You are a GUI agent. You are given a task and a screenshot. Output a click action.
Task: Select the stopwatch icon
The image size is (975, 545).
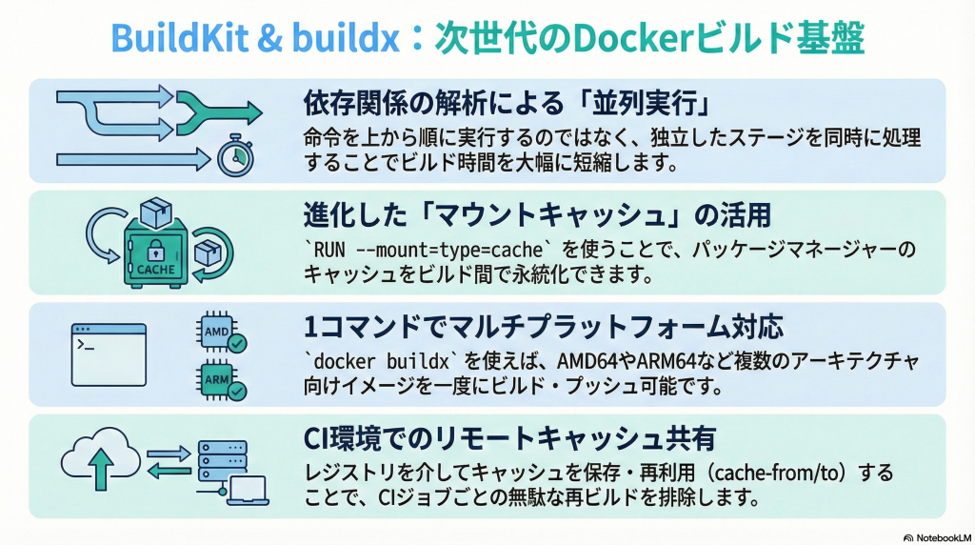pyautogui.click(x=233, y=158)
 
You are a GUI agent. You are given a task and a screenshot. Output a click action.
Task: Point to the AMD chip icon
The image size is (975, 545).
pyautogui.click(x=215, y=331)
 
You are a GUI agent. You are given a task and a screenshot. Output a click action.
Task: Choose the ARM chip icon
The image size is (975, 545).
pyautogui.click(x=215, y=378)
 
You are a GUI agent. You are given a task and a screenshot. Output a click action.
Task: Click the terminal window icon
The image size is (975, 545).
pyautogui.click(x=109, y=353)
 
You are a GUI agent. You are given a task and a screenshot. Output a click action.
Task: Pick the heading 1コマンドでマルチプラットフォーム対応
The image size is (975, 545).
pyautogui.click(x=542, y=328)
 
